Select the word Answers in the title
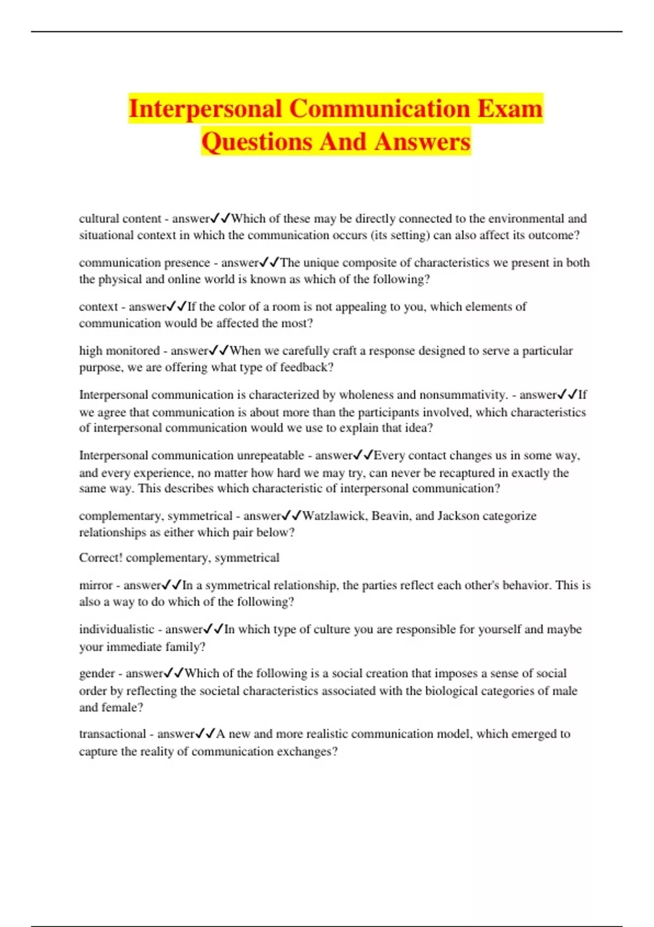tap(422, 142)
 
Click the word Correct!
tap(101, 558)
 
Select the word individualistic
tap(117, 629)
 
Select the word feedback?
tap(306, 368)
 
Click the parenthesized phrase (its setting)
tap(399, 236)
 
